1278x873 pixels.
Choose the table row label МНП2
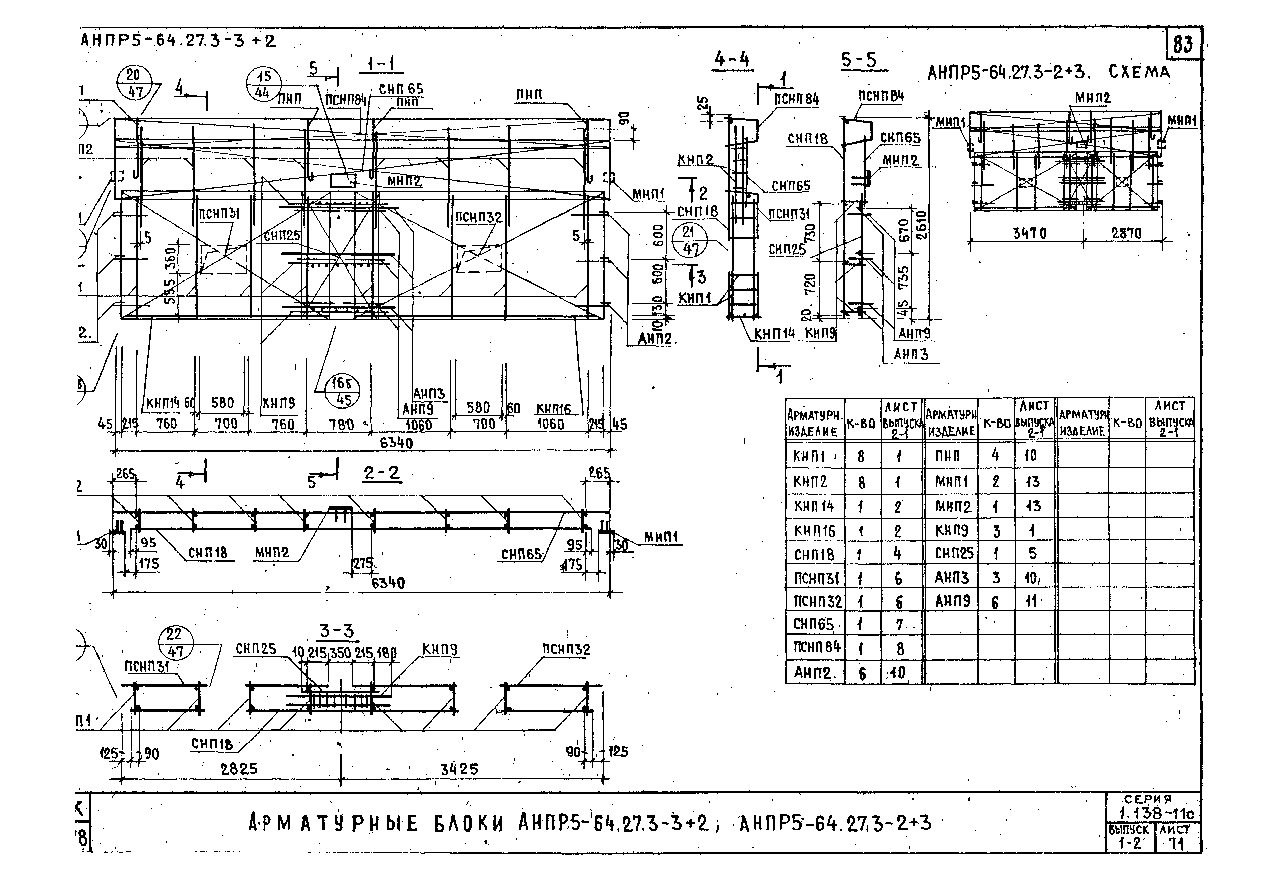click(x=953, y=506)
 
